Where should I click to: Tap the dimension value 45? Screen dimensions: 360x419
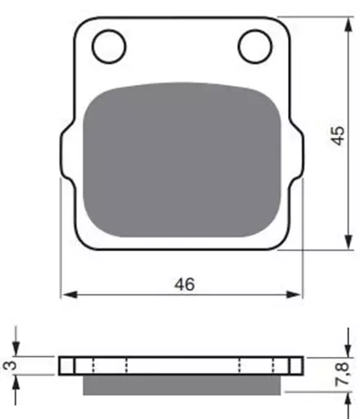338,136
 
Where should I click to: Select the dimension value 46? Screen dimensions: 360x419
185,284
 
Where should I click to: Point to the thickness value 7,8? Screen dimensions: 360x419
342,374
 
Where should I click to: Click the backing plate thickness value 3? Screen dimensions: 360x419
11,365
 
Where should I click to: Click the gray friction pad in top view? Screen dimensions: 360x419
182,160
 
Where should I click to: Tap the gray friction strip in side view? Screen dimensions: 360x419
182,385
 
